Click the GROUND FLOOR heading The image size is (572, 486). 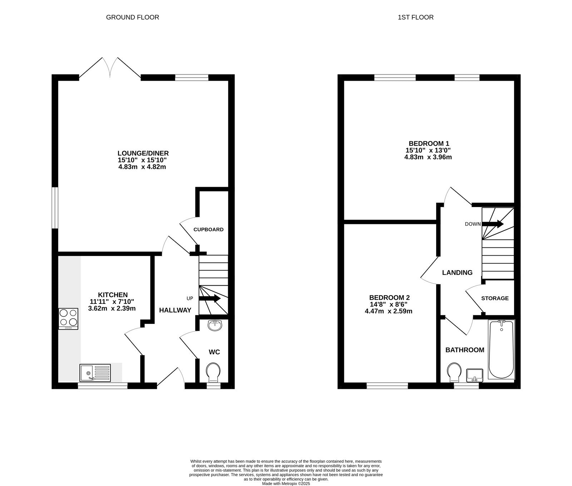[x=132, y=17]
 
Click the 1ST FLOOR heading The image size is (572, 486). [x=415, y=17]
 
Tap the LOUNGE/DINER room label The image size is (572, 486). [x=143, y=153]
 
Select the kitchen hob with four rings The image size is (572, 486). [x=68, y=319]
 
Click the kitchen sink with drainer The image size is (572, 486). [x=95, y=372]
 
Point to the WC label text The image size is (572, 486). [x=214, y=352]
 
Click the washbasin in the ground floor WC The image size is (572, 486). [x=215, y=325]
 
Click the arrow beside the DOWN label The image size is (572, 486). [x=493, y=224]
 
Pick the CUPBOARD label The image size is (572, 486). [x=208, y=230]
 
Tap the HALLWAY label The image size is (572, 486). [x=175, y=310]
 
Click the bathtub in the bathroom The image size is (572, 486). [x=501, y=350]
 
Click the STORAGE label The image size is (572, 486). [x=495, y=298]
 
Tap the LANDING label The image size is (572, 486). [x=457, y=273]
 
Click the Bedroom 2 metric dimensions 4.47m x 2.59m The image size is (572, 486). [x=389, y=311]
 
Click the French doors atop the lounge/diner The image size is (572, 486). [x=110, y=67]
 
